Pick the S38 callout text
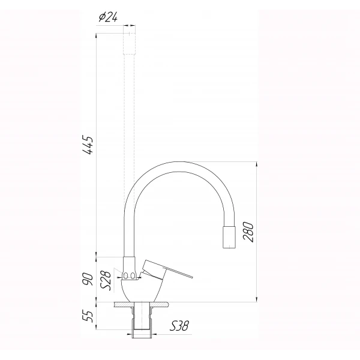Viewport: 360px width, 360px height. pos(179,326)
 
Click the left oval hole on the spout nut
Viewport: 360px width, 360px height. pos(127,275)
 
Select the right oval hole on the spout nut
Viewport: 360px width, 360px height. pos(135,275)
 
